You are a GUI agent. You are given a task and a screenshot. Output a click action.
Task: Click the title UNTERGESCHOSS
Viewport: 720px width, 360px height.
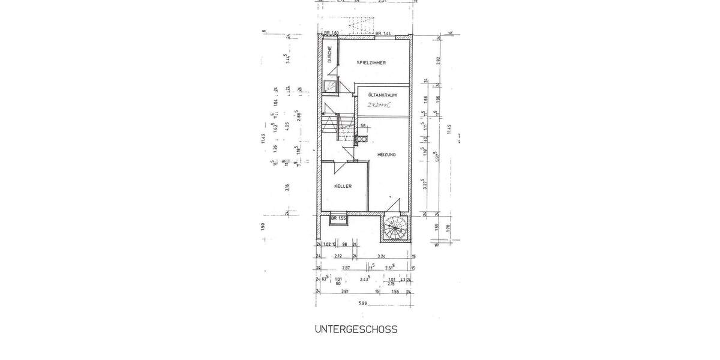coord(356,329)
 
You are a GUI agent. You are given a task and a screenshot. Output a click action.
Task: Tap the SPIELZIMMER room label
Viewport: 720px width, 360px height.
coord(371,62)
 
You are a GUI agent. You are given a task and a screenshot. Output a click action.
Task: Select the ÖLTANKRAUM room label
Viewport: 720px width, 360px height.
coord(382,95)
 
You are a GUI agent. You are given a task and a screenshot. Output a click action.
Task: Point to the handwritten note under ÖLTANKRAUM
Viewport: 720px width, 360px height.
coord(375,105)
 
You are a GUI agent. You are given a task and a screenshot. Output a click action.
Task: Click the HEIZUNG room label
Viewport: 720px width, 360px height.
coord(386,155)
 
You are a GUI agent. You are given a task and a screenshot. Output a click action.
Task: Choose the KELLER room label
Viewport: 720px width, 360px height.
coord(343,186)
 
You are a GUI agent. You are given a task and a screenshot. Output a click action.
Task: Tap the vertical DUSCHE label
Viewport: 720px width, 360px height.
coord(330,55)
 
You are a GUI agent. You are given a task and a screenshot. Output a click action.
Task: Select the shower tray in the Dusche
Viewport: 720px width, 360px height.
coord(330,86)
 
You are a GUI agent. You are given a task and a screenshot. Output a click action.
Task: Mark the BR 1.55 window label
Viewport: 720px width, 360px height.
coord(339,218)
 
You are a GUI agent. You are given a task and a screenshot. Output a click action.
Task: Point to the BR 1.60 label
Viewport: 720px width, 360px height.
coord(331,34)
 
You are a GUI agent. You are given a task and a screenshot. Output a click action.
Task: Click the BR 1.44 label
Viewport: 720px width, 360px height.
coord(383,34)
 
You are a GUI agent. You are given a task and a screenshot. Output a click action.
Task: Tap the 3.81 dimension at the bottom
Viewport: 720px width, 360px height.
coord(345,292)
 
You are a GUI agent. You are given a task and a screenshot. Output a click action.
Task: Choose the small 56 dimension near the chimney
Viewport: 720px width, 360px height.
coord(363,125)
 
